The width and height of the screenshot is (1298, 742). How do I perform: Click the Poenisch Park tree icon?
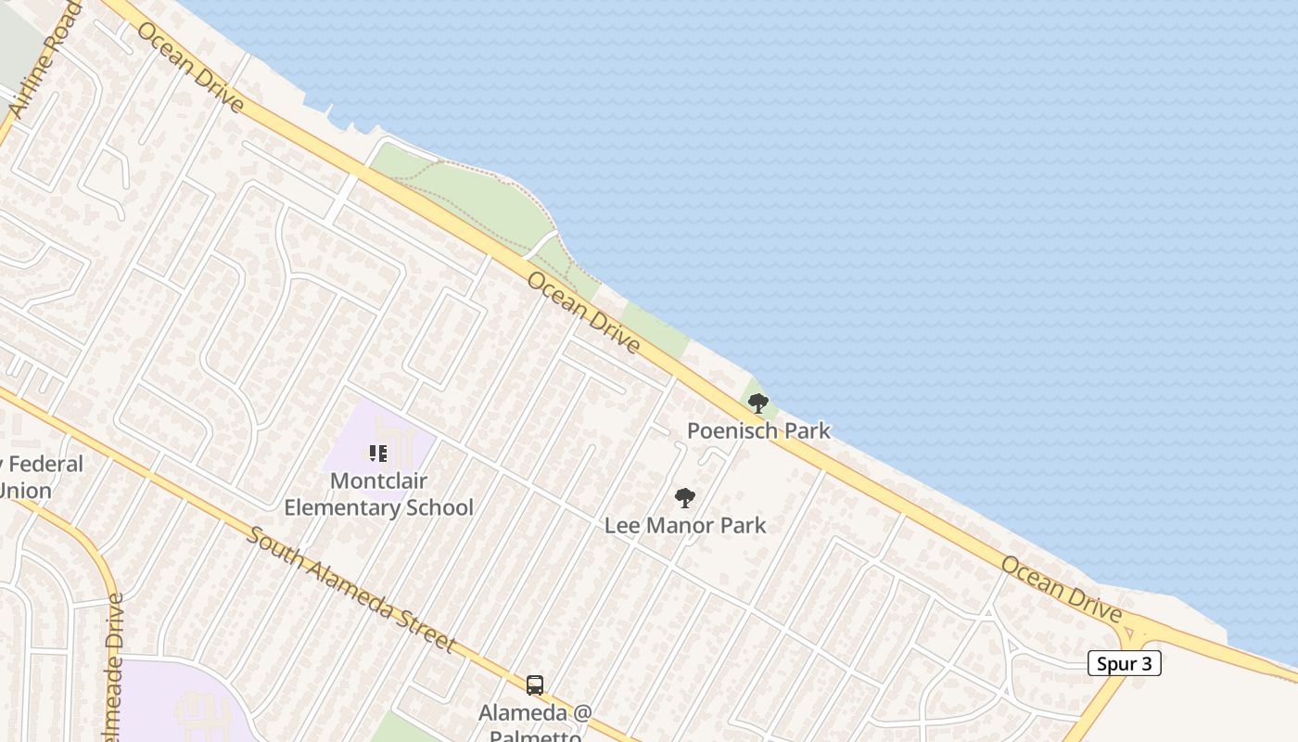pos(758,403)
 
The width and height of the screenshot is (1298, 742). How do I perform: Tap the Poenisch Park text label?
pos(758,430)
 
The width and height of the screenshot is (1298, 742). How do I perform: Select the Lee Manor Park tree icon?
pos(685,498)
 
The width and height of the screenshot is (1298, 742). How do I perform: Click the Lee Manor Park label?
pos(685,525)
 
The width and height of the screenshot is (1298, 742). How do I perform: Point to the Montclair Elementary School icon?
pos(377,454)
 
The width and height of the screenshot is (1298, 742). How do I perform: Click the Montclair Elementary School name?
pos(378,494)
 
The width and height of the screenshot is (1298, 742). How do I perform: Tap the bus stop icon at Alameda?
pos(535,685)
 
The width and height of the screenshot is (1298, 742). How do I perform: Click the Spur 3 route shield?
pos(1124,663)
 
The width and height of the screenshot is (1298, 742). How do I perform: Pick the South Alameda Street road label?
pos(351,590)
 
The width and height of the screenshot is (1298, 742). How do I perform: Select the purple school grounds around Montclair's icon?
pos(408,436)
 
